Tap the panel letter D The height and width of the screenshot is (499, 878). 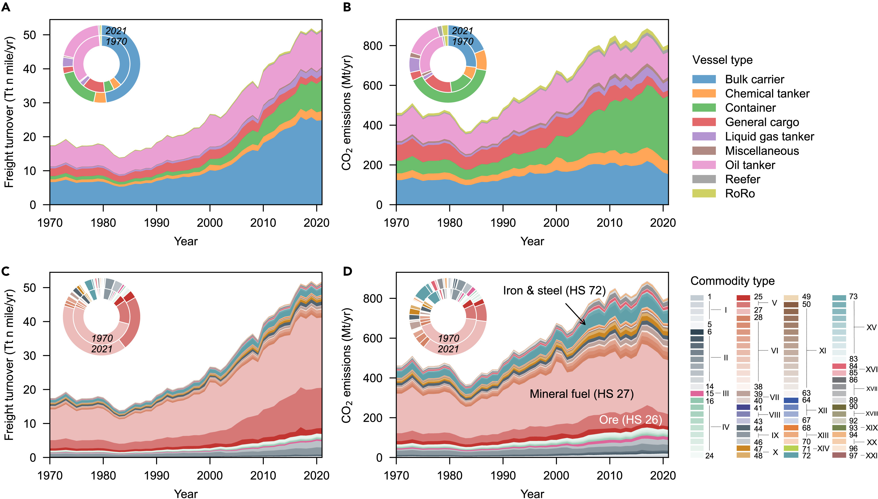347,271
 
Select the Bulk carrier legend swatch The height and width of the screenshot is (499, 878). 704,79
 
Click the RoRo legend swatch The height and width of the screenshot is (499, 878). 704,194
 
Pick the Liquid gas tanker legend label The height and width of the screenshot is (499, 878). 769,136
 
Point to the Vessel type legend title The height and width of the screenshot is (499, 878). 722,60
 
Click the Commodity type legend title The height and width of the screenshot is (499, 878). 732,281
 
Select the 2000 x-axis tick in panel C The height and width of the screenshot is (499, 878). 210,476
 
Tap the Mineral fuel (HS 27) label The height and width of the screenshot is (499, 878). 581,394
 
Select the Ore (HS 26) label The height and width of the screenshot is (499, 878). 630,420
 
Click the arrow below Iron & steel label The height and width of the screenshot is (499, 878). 575,314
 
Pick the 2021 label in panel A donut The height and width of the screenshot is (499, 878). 116,31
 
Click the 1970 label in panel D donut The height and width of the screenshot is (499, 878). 448,338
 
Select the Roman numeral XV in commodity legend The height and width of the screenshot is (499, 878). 871,327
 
